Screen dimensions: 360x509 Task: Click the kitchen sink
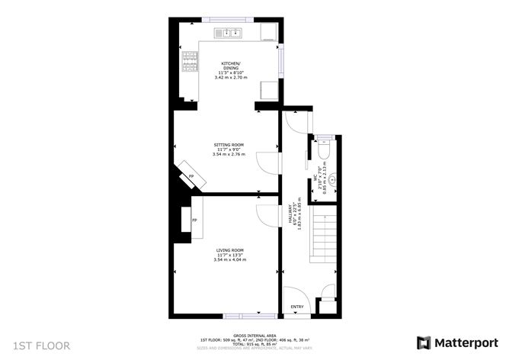pyautogui.click(x=228, y=33)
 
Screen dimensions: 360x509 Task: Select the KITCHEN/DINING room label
pyautogui.click(x=231, y=65)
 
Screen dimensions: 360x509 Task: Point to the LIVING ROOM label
pyautogui.click(x=229, y=250)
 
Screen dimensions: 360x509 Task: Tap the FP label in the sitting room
pyautogui.click(x=190, y=177)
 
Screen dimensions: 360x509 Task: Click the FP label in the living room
pyautogui.click(x=194, y=220)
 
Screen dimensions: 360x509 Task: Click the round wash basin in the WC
pyautogui.click(x=331, y=182)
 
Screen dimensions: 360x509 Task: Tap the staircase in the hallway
pyautogui.click(x=325, y=236)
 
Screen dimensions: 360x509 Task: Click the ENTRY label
pyautogui.click(x=297, y=307)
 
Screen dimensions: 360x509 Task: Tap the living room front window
pyautogui.click(x=239, y=315)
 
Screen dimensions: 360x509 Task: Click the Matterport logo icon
pyautogui.click(x=422, y=342)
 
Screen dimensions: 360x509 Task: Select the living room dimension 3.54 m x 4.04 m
pyautogui.click(x=229, y=260)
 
